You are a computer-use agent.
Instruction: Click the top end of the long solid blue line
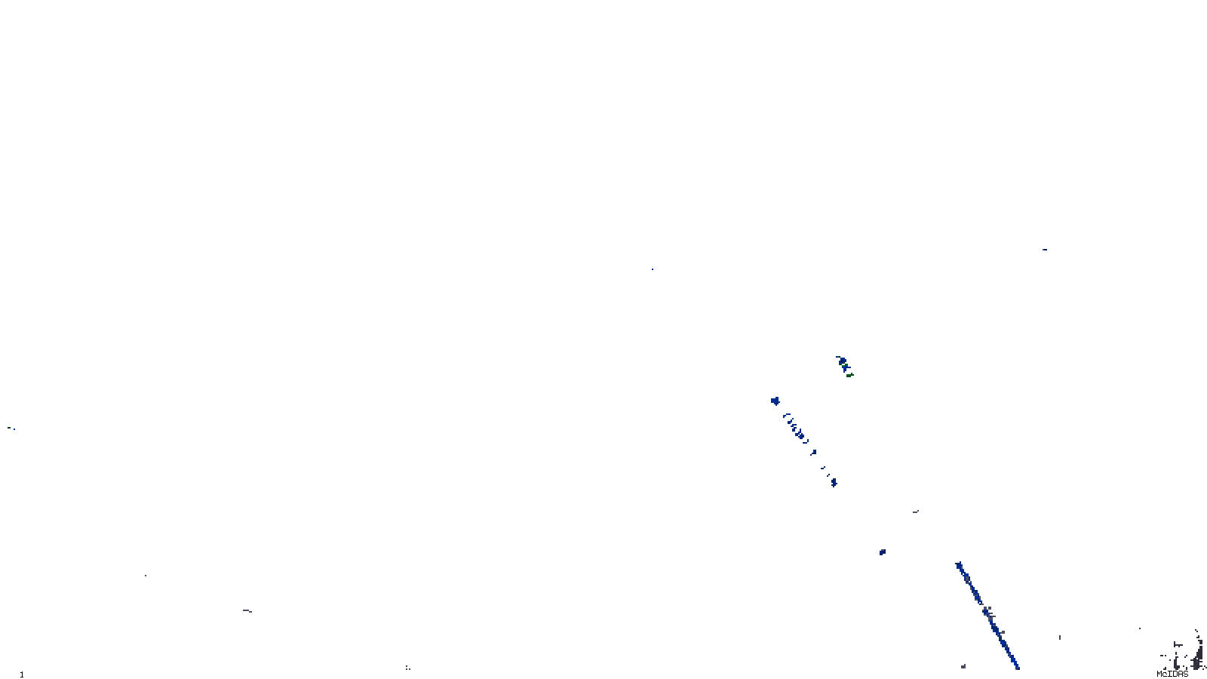click(x=959, y=564)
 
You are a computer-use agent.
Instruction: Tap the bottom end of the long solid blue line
click(x=1017, y=667)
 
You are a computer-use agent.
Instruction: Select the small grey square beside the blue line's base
click(x=963, y=666)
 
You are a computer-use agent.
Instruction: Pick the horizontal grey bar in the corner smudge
click(x=1178, y=645)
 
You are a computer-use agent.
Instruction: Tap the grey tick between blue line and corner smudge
click(x=1060, y=638)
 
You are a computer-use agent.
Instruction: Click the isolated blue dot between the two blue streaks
click(x=882, y=552)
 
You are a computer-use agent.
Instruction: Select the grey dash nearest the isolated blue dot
click(x=916, y=512)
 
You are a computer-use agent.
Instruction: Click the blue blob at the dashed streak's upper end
click(x=774, y=401)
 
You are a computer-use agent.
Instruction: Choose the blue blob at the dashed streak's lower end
click(x=834, y=483)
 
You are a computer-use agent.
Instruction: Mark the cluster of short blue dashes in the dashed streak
click(x=797, y=429)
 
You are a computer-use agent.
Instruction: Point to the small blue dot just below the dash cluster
click(x=813, y=453)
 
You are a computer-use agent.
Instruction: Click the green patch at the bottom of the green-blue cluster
click(x=849, y=373)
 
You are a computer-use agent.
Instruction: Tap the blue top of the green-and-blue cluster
click(x=840, y=360)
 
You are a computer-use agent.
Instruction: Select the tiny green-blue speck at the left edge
click(x=11, y=429)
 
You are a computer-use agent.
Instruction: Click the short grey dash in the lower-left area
click(x=247, y=610)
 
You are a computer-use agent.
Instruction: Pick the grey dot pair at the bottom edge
click(x=407, y=668)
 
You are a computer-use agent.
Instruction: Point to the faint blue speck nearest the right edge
click(x=1044, y=250)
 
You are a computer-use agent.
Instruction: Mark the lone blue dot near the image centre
click(x=653, y=269)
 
